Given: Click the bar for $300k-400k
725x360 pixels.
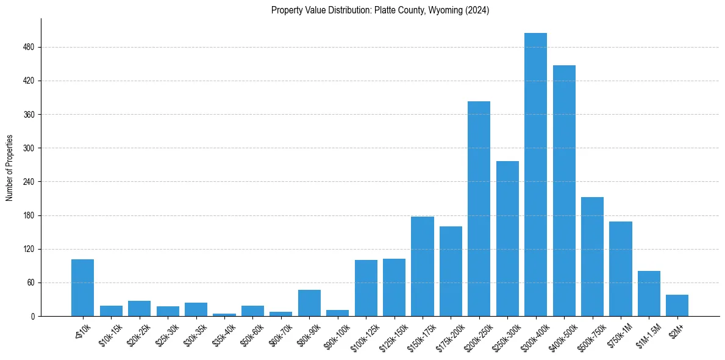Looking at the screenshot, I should (535, 175).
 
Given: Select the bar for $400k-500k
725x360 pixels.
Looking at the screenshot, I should (564, 190).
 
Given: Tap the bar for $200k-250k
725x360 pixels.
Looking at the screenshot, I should (479, 209).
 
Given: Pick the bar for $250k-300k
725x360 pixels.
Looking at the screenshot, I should (507, 239).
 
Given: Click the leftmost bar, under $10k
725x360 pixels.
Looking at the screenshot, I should (82, 288).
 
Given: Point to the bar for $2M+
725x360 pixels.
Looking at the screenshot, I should (677, 306).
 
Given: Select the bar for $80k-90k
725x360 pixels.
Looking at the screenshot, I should (309, 303).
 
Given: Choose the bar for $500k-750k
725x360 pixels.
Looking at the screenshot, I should (592, 256).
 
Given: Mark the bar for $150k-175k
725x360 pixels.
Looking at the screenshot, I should (422, 266).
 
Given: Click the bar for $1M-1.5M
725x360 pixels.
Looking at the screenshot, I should (649, 293).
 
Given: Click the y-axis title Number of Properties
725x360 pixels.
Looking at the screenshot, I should (9, 168).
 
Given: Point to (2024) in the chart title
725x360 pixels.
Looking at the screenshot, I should (477, 10).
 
